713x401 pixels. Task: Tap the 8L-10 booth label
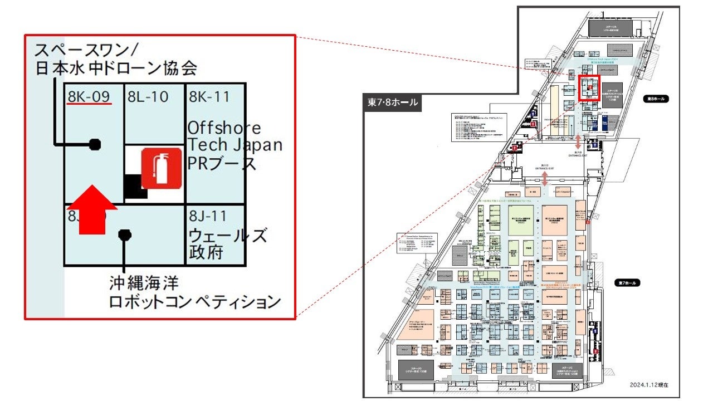click(x=148, y=97)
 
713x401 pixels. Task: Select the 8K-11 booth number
click(x=209, y=97)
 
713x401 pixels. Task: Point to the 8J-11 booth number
click(x=209, y=216)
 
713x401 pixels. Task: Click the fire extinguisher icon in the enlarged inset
click(x=161, y=168)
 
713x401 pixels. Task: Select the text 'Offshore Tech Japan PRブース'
click(x=234, y=145)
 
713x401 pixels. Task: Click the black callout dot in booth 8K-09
click(x=95, y=144)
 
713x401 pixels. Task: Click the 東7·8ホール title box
click(x=392, y=102)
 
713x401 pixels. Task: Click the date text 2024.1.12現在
click(x=649, y=384)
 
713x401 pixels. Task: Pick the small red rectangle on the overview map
click(x=589, y=89)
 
